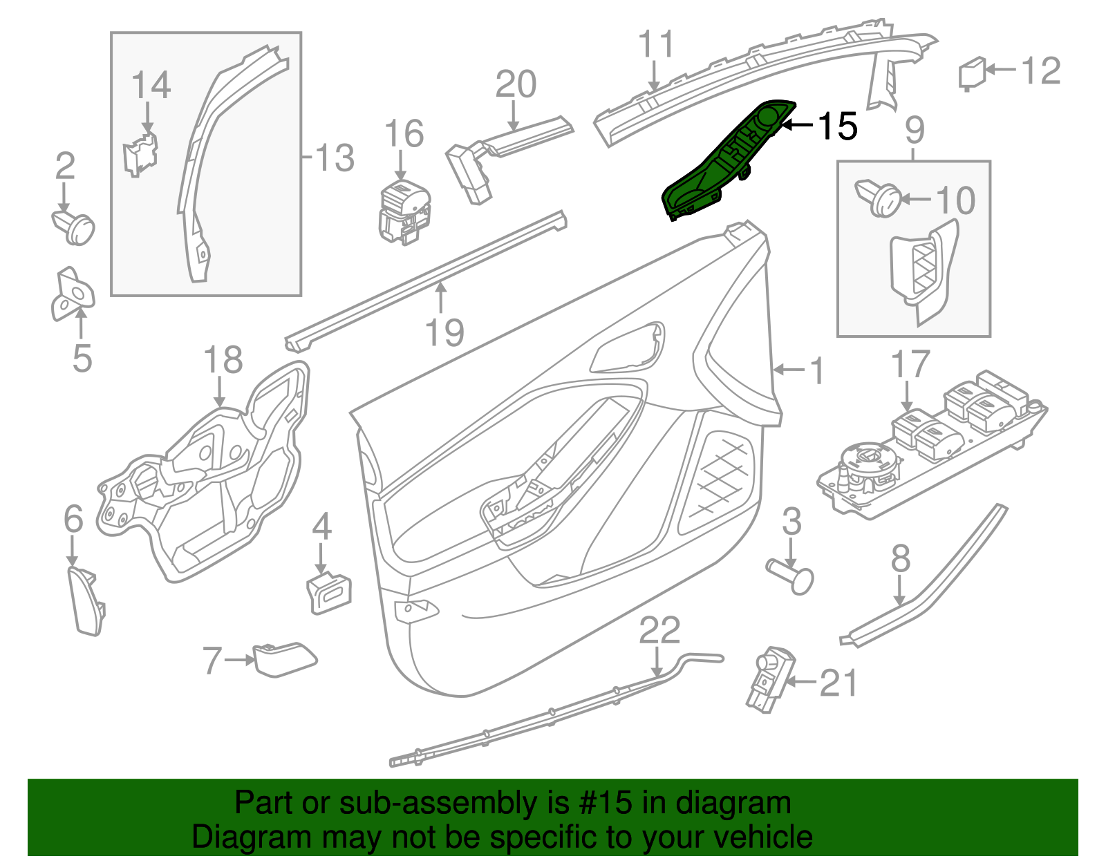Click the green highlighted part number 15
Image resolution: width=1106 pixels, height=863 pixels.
coord(726,162)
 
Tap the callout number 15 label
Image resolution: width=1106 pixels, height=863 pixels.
coord(837,126)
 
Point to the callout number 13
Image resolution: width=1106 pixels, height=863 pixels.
coord(335,158)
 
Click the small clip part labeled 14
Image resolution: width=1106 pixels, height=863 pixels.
coord(140,156)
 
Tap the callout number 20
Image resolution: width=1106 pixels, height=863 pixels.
coord(516,84)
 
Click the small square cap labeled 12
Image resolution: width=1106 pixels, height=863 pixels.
coord(971,73)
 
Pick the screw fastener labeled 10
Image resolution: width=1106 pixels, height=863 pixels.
coord(878,198)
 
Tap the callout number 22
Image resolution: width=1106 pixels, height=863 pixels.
coord(659,630)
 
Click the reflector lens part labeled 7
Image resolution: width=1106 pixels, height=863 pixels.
coord(284,658)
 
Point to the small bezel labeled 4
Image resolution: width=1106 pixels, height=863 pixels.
coord(328,593)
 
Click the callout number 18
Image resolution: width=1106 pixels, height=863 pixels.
coord(223,360)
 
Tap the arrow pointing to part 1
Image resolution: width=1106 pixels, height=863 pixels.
coord(788,370)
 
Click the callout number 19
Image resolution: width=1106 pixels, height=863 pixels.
coord(444,333)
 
